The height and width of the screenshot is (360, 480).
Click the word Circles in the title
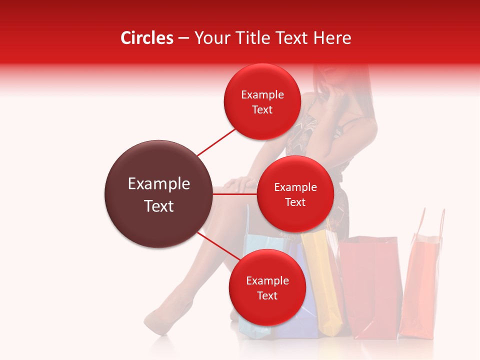click(x=146, y=38)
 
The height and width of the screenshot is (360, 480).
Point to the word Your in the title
click(x=210, y=38)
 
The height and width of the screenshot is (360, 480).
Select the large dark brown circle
click(x=158, y=194)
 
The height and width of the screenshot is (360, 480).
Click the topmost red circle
click(x=262, y=101)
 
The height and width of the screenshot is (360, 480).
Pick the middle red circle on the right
click(x=295, y=194)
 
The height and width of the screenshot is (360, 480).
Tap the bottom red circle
click(x=267, y=287)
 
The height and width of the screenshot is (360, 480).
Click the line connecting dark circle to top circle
click(x=216, y=141)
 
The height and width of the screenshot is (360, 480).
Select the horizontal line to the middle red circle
click(x=235, y=194)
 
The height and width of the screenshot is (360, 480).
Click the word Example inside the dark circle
click(x=158, y=184)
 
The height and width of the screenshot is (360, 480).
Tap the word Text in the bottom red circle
click(x=267, y=295)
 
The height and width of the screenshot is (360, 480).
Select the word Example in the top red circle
click(x=262, y=94)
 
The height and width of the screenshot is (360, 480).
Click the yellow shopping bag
click(x=322, y=280)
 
